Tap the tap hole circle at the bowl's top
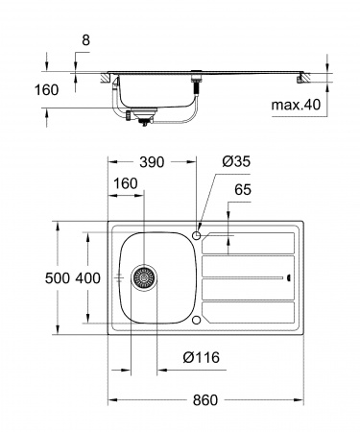(x=197, y=235)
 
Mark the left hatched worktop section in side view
(x=101, y=76)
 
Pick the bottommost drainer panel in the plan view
(x=250, y=312)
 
